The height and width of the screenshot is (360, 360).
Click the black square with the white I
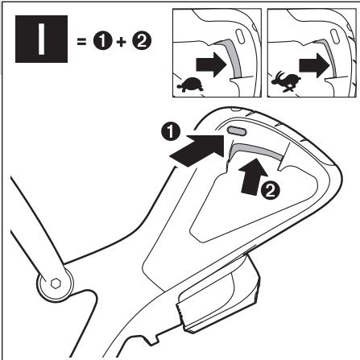pos(41,39)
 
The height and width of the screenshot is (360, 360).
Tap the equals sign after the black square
pos(81,42)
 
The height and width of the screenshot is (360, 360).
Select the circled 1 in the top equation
pos(102,41)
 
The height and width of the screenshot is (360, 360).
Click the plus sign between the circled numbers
pos(122,42)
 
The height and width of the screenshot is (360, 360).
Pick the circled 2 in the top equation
pos(142,41)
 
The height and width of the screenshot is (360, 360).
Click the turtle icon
pos(190,85)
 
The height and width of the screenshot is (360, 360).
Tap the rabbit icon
pos(286,81)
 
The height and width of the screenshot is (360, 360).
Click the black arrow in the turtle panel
pos(212,64)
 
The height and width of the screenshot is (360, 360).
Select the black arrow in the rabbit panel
pos(314,65)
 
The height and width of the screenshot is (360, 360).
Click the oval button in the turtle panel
pos(241,37)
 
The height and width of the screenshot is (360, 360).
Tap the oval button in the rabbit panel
pos(335,36)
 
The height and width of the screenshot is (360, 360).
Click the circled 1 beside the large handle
pos(171,131)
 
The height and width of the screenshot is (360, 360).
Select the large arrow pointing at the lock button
pos(197,151)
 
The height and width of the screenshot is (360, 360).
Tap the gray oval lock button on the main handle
pos(237,130)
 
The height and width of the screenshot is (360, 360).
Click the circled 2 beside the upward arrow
pos(271,191)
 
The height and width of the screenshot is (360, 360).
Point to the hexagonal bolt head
pos(56,283)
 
